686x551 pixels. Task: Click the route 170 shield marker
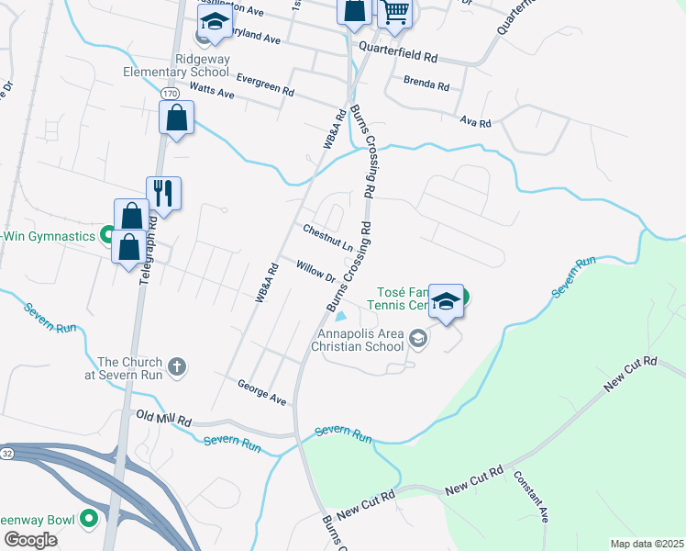(x=169, y=94)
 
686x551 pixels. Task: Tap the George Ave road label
(x=262, y=392)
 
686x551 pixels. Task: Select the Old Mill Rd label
(x=164, y=419)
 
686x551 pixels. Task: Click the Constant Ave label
(x=531, y=496)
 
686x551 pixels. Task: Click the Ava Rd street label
(x=476, y=121)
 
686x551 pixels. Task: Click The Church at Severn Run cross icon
(x=178, y=367)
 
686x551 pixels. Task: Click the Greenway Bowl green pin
(x=89, y=520)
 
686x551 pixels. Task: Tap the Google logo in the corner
(x=31, y=541)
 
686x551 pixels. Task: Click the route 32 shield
(x=6, y=453)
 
